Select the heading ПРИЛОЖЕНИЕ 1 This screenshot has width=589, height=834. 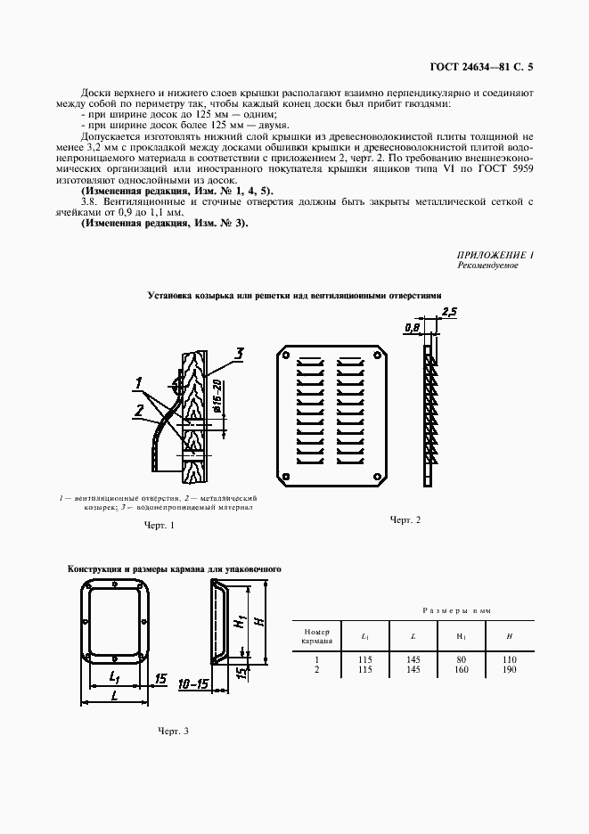[495, 256]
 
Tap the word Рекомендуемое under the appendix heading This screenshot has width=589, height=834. [487, 266]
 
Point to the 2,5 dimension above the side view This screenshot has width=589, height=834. [448, 312]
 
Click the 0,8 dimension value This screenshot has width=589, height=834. [411, 328]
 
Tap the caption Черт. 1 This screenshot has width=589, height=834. [159, 526]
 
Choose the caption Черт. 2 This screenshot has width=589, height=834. [405, 519]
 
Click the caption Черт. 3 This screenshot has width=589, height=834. [173, 731]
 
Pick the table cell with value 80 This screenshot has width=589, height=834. [462, 658]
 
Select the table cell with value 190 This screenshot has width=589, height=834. [510, 669]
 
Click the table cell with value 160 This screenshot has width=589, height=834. [462, 669]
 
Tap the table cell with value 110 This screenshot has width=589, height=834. [510, 658]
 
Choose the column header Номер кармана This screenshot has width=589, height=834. [316, 635]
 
